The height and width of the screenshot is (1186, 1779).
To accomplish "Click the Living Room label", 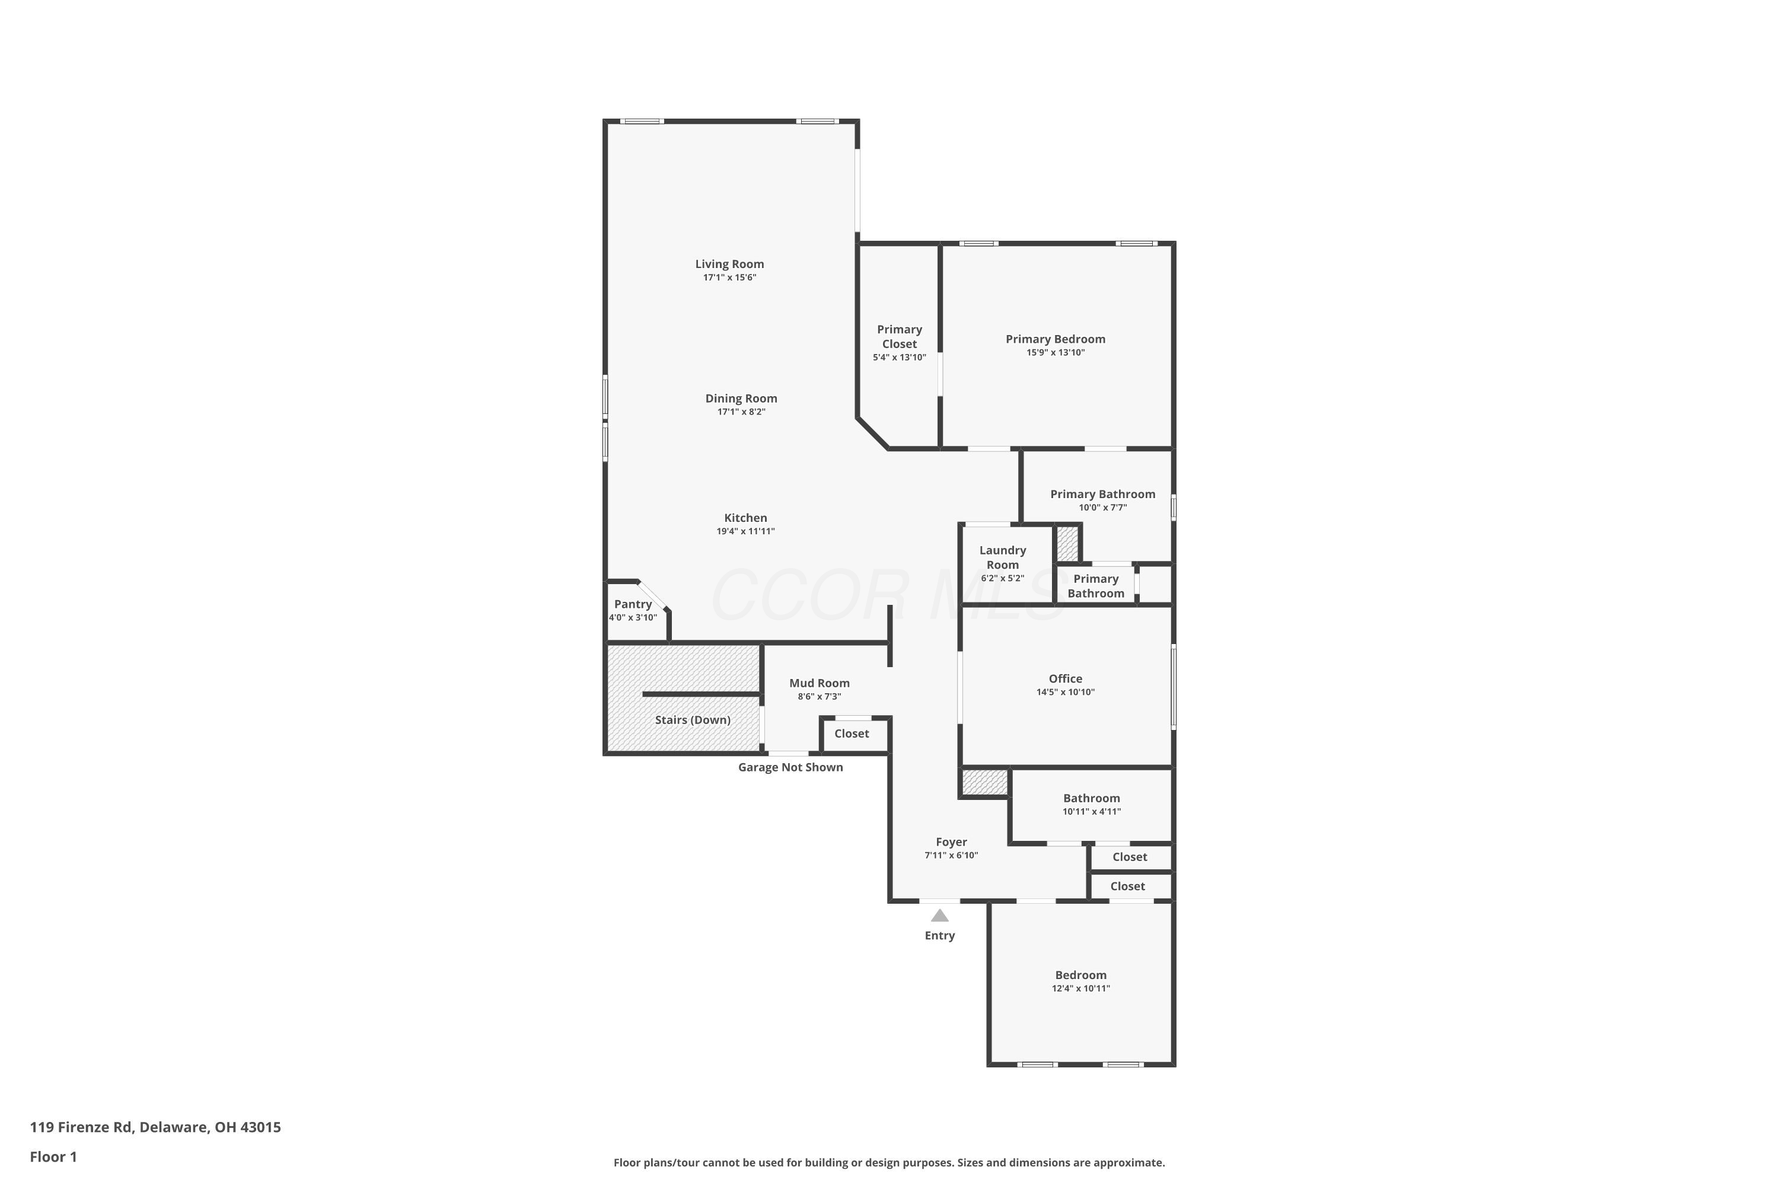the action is (x=729, y=264).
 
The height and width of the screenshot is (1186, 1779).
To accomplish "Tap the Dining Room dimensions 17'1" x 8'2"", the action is (x=741, y=412).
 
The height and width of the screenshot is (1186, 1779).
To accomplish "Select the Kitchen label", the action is (x=746, y=518).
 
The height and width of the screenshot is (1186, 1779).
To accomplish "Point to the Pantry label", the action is (x=633, y=604).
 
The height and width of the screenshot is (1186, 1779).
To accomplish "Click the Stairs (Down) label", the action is (x=693, y=720).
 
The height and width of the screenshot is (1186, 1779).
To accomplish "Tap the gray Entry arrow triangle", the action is (x=939, y=915).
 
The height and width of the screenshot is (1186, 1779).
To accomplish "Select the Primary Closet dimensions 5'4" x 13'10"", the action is (x=900, y=358).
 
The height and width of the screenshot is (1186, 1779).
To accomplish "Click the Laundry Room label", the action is (x=1003, y=557).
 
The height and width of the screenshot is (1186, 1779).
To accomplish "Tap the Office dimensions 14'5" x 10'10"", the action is (x=1066, y=692).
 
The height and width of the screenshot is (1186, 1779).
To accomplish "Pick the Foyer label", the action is (x=952, y=842).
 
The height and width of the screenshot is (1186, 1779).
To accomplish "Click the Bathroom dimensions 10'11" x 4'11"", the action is (x=1092, y=812).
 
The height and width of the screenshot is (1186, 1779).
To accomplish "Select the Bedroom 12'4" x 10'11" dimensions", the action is (x=1081, y=989).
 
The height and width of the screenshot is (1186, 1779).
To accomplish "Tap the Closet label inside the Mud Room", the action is (x=852, y=734).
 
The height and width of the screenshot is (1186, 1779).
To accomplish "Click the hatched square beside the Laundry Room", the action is (x=1067, y=544).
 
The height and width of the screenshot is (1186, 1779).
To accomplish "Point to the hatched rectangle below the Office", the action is (x=985, y=782).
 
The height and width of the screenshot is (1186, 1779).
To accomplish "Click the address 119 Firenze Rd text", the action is (x=82, y=1127).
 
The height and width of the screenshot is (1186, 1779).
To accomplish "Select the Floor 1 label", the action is (x=54, y=1156).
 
